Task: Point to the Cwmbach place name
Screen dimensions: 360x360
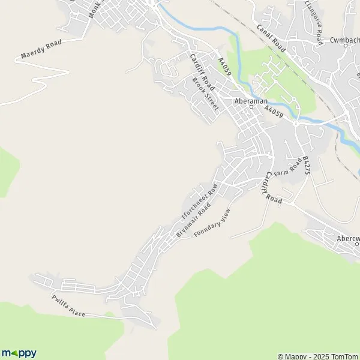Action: point(344,41)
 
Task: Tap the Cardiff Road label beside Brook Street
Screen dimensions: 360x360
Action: point(199,71)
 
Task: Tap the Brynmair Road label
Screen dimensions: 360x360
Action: point(193,221)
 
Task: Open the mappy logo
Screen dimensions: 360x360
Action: point(19,352)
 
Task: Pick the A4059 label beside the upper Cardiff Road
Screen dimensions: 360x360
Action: point(225,66)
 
